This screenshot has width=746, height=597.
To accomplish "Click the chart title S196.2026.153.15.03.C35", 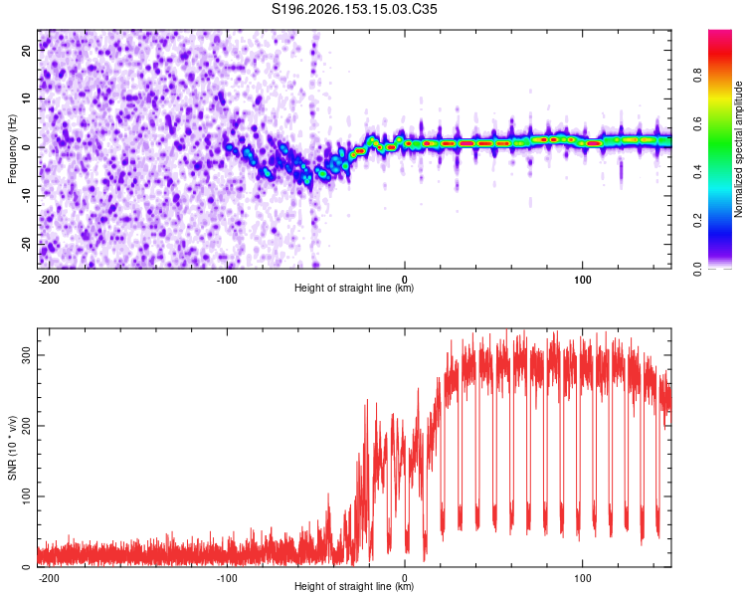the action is pos(354,9).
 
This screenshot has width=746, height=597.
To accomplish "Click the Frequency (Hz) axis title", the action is pos(12,149).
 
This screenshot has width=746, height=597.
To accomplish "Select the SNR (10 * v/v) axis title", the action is pos(12,448).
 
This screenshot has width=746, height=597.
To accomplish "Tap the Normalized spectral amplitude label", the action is pos(738,149).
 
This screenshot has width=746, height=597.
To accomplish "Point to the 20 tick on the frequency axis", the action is pos(27,50).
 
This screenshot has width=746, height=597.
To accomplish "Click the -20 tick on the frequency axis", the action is pos(27,244).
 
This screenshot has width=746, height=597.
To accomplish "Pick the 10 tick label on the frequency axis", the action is pos(27,99).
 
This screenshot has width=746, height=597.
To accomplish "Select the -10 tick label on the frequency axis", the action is pos(27,196).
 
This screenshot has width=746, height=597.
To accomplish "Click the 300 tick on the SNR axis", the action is pos(27,355).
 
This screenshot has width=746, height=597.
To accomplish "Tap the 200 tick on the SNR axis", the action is pos(27,426).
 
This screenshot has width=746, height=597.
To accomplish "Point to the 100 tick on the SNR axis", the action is pos(27,497).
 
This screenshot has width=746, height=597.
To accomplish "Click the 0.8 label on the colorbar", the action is pos(697,76).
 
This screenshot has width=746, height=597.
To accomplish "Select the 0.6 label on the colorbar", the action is pos(697,123).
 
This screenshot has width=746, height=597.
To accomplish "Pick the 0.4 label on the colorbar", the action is pos(697,172).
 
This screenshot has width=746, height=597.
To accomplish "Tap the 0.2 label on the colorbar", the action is pos(697,221).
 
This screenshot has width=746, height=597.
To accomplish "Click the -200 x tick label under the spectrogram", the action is pos(49,280).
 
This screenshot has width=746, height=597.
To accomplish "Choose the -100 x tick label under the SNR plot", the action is pos(227,578).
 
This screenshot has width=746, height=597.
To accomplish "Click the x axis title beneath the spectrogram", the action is pos(354,288).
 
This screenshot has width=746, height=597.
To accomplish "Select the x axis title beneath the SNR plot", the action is pos(354,586).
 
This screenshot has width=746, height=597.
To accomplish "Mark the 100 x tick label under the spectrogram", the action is pos(582,280).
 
